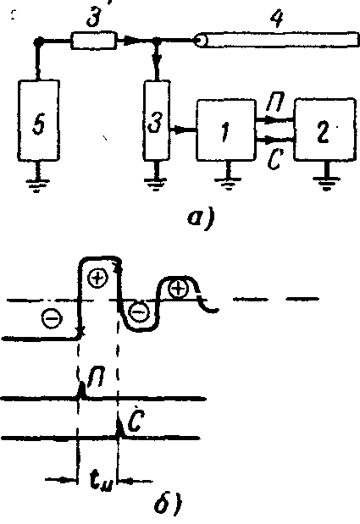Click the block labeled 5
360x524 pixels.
pos(39,120)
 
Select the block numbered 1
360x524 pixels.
pos(226,130)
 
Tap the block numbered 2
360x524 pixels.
pos(324,129)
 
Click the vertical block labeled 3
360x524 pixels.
pos(157,120)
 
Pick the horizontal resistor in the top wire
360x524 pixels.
pos(93,41)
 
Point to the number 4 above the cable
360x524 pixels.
pos(278,19)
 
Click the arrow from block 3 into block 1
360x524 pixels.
pos(183,129)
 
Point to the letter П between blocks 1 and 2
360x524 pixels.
pos(274,105)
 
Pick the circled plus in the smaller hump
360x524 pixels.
pos(178,289)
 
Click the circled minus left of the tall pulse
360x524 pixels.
pos(53,318)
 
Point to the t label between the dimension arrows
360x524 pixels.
pos(99,481)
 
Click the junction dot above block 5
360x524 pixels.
pos(38,41)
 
